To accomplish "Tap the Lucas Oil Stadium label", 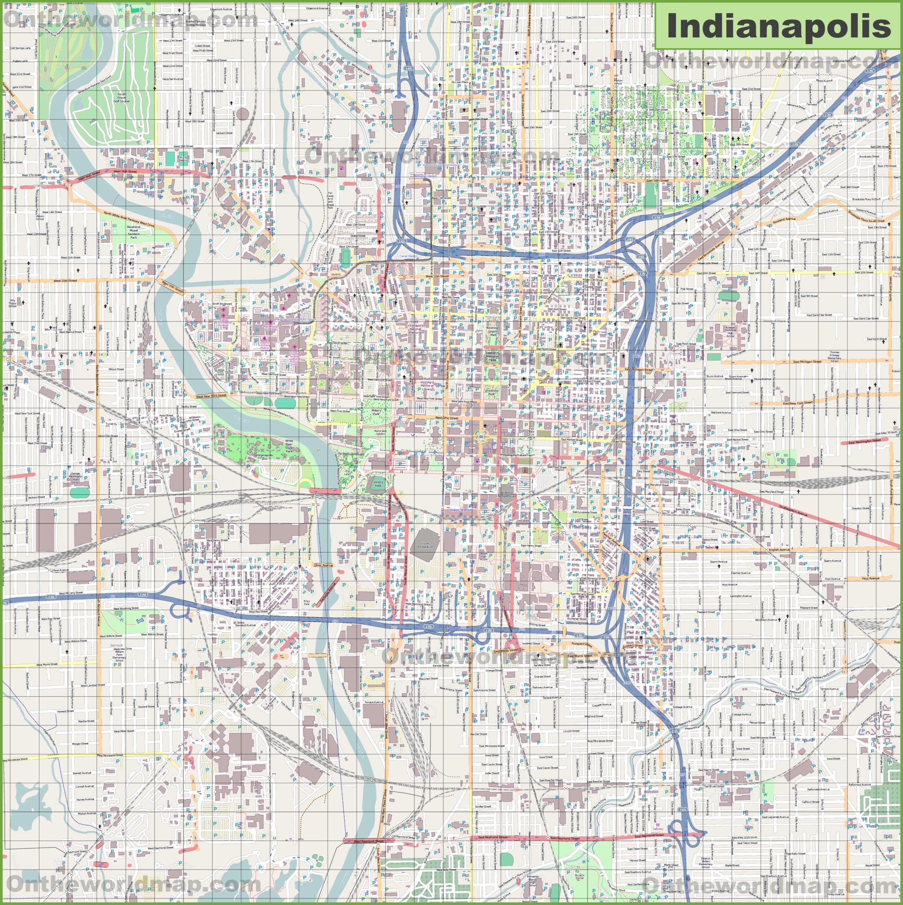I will (425, 545).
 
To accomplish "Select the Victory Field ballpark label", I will (378, 484).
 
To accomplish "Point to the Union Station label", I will (461, 510).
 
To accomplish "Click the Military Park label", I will (376, 412).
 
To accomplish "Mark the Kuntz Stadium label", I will (183, 159).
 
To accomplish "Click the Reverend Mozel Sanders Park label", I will (134, 232).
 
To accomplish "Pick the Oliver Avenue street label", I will (323, 565).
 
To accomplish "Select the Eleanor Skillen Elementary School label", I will (706, 862).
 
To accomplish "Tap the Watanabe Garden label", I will (380, 432).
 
